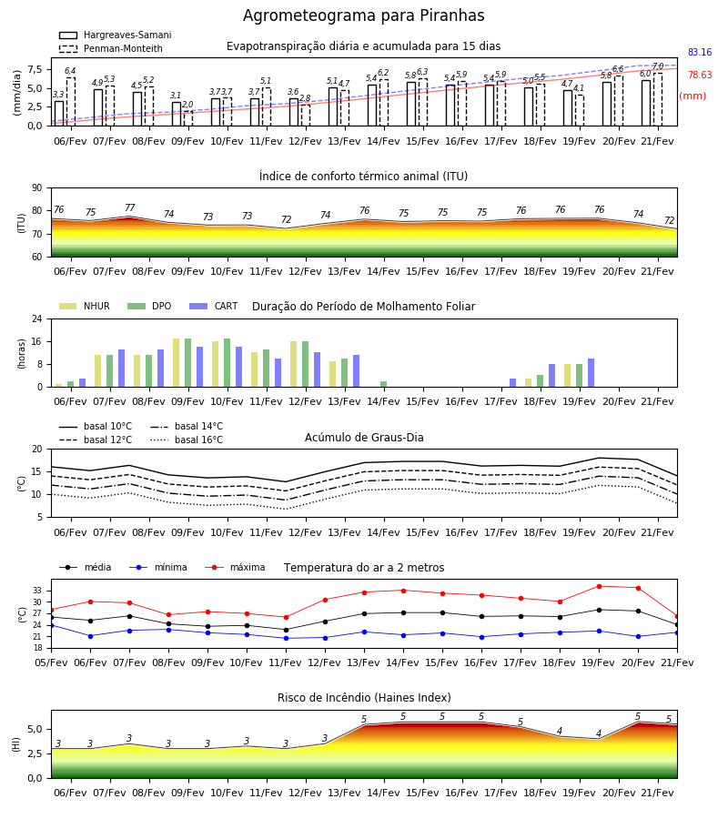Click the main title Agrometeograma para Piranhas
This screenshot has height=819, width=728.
pos(363,15)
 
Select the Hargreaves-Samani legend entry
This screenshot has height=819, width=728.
pos(116,35)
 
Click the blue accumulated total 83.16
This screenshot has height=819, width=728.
pos(700,52)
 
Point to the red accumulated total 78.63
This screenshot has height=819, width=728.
pos(700,75)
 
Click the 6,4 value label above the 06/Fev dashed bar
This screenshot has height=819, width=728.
pos(70,71)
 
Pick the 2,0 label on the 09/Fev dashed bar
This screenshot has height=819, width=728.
pos(187,105)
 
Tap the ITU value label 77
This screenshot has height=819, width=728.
pos(129,207)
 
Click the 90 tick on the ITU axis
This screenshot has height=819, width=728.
pos(36,188)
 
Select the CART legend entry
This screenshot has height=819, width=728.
pos(214,306)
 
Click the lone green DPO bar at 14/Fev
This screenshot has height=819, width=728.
pos(383,384)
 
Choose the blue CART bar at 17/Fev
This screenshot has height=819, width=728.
pos(513,383)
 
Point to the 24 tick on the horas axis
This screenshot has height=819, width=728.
pos(36,318)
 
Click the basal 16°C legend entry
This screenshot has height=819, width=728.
pos(187,440)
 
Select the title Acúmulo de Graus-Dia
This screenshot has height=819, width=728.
pos(364,438)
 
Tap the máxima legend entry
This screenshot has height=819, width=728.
pos(235,567)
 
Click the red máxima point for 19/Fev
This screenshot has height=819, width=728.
pos(599,587)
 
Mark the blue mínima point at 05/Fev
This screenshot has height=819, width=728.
pos(51,625)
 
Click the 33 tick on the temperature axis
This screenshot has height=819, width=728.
pos(37,591)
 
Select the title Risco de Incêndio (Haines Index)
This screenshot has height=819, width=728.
pos(364,698)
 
